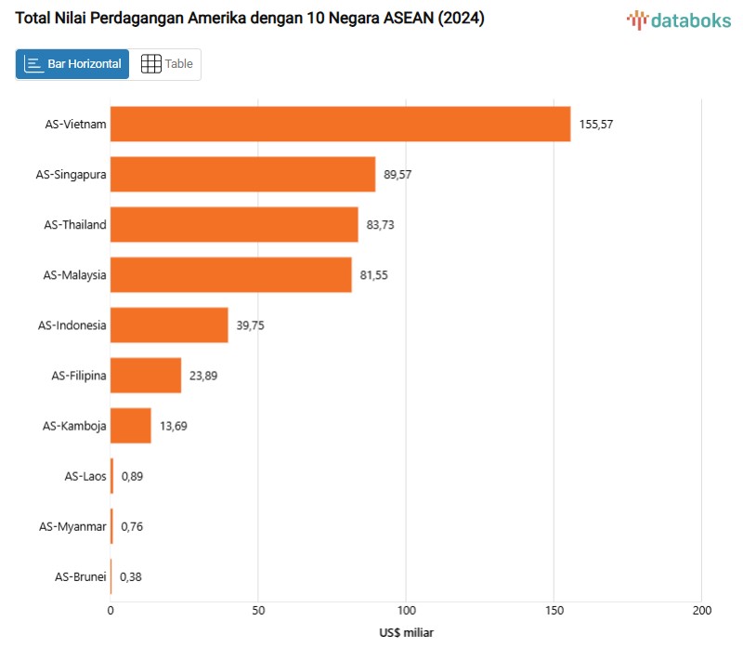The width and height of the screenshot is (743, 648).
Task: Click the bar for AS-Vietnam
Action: (340, 125)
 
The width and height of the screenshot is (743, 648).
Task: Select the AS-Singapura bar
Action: (242, 174)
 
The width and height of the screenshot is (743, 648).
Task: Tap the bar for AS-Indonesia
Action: (169, 325)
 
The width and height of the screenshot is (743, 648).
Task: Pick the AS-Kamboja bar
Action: (130, 426)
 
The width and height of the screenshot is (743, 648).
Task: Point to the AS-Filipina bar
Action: (146, 376)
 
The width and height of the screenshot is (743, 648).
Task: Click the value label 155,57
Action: (596, 125)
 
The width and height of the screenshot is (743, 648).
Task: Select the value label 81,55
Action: (377, 275)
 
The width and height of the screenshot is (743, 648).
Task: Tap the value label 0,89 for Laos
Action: (132, 476)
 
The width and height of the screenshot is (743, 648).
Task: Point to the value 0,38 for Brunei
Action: (131, 576)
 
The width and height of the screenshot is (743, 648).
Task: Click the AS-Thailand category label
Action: (75, 225)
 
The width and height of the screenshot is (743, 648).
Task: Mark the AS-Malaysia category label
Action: (74, 275)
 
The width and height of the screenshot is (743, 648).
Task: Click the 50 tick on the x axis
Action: (258, 611)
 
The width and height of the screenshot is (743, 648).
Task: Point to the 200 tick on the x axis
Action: (701, 611)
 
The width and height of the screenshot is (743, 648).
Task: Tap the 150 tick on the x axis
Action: (554, 611)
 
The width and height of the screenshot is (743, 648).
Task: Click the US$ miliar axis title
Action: (406, 632)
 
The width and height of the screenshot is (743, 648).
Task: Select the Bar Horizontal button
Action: (72, 64)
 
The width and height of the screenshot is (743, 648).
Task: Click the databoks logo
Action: (678, 20)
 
